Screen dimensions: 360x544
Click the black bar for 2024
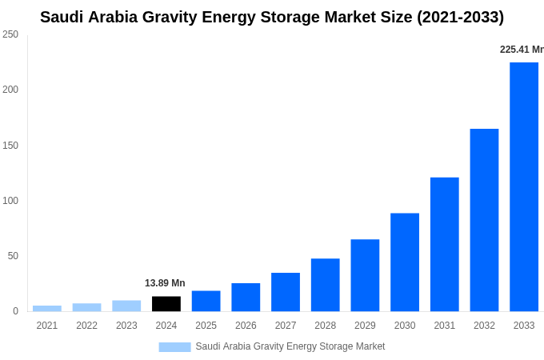point(166,304)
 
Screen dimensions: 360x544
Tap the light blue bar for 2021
point(47,308)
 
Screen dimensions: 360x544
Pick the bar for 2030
point(405,262)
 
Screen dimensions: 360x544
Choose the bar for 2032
point(484,220)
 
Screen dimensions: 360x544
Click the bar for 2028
point(325,285)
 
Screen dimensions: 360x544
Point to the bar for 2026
point(246,297)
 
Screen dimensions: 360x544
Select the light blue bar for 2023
point(126,306)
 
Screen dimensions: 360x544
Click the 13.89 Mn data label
point(165,283)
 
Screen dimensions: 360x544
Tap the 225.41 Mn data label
point(521,50)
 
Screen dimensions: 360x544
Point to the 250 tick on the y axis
point(10,34)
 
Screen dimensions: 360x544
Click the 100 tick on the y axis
point(10,200)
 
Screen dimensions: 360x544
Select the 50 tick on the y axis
point(13,256)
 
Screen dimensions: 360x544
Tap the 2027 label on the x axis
point(286,326)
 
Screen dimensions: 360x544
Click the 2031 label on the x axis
point(445,326)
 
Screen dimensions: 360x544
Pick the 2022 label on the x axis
point(86,326)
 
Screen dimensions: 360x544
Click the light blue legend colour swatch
point(174,347)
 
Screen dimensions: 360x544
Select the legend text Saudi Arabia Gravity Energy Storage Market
point(290,346)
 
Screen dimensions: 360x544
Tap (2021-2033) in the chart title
point(460,17)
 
